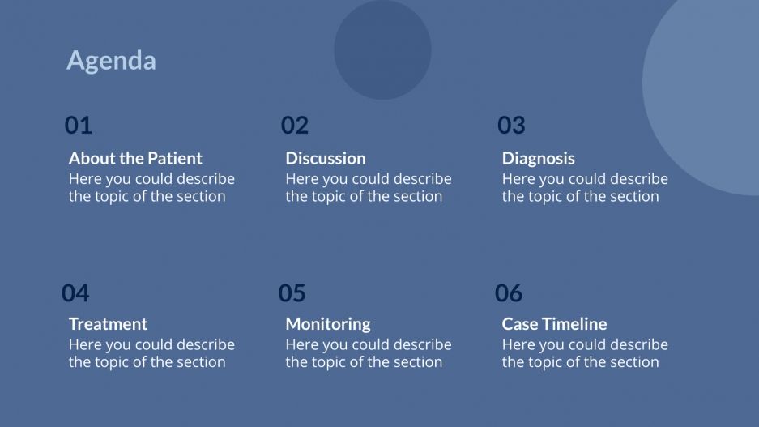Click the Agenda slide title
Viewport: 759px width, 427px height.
click(111, 61)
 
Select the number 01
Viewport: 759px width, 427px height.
click(79, 126)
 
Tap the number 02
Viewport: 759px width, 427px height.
click(295, 126)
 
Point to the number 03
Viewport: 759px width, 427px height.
click(511, 126)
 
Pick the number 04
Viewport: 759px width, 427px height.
click(75, 292)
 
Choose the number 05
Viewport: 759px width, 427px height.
click(292, 292)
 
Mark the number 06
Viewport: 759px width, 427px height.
click(509, 292)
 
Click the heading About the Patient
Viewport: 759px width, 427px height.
click(135, 159)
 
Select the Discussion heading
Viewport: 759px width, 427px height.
click(326, 159)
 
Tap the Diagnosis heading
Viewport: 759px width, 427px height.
click(538, 159)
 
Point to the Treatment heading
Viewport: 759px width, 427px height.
click(108, 324)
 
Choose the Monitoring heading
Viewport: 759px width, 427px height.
click(328, 324)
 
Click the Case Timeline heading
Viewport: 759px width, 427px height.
click(554, 324)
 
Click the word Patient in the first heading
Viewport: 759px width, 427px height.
click(174, 159)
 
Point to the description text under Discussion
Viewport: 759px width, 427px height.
click(368, 187)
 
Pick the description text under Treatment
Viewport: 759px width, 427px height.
click(151, 353)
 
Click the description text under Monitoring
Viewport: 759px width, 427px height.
click(368, 353)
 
